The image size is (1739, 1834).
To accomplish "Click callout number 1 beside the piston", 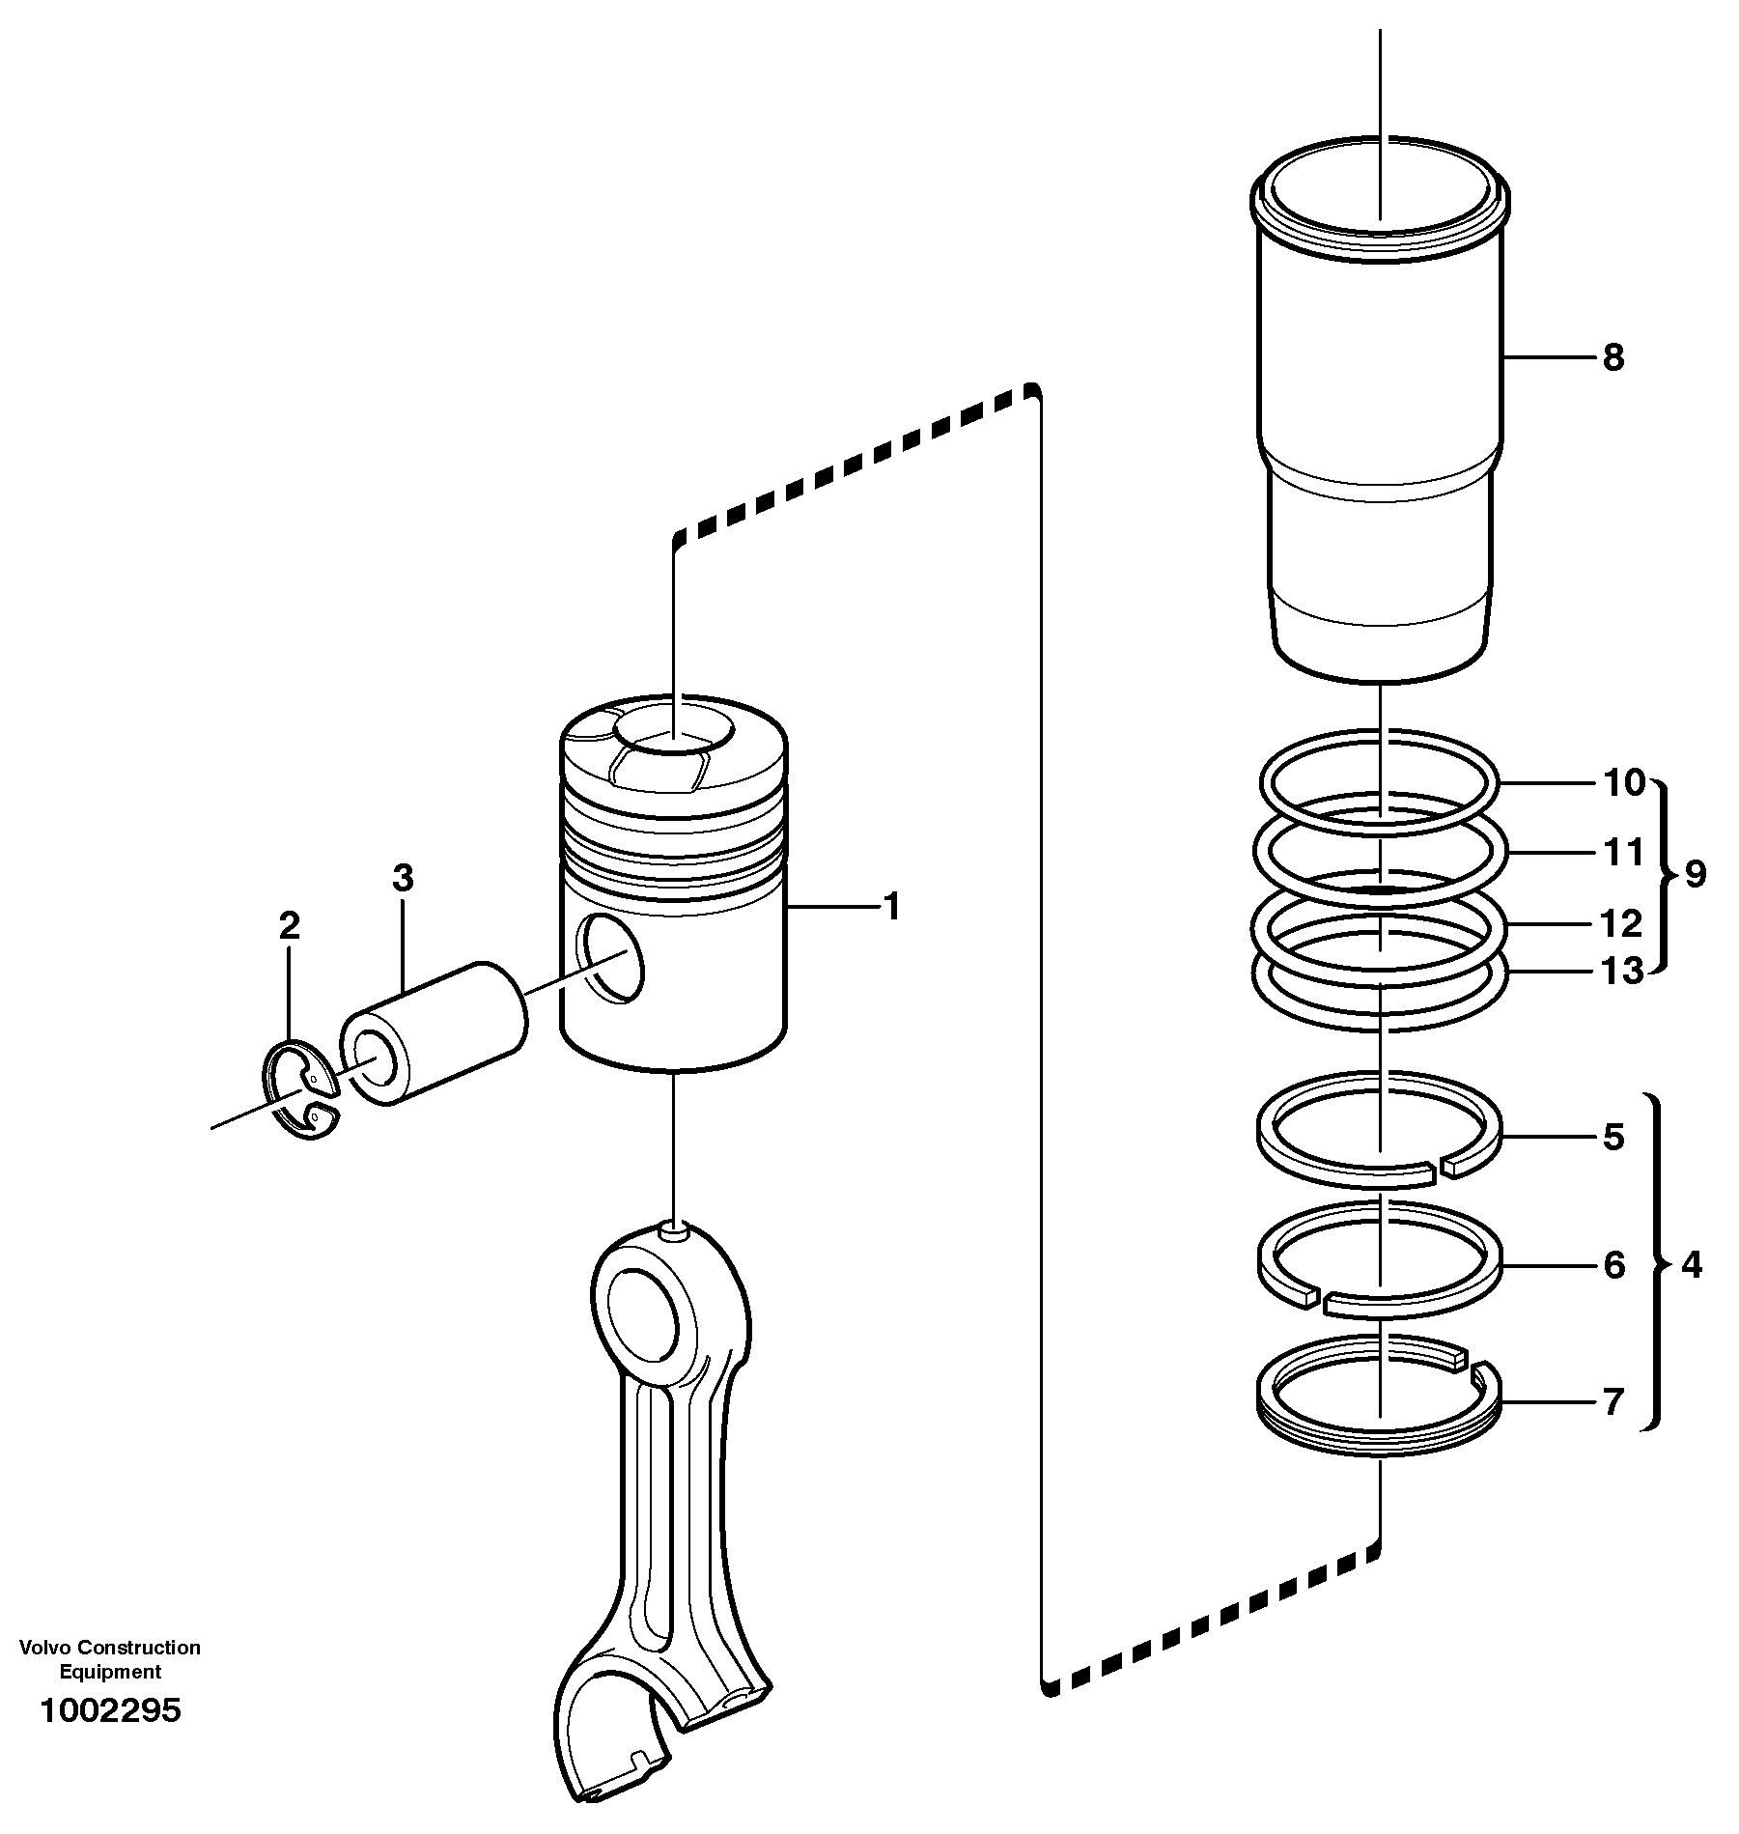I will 892,907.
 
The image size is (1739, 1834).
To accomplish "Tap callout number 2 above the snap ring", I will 289,926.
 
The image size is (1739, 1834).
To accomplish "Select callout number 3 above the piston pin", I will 403,877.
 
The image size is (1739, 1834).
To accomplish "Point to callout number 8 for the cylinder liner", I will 1613,358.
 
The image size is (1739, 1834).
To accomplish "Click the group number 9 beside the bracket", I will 1696,874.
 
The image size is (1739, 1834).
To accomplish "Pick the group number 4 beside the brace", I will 1692,1264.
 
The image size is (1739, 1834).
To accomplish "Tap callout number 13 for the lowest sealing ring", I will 1622,971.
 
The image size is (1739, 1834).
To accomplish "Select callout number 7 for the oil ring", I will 1613,1401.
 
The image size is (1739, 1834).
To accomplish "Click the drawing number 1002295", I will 110,1710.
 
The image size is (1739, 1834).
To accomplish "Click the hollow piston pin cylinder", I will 435,1031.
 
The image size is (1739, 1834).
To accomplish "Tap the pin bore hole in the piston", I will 610,957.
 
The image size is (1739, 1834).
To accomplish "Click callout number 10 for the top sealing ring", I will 1623,782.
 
